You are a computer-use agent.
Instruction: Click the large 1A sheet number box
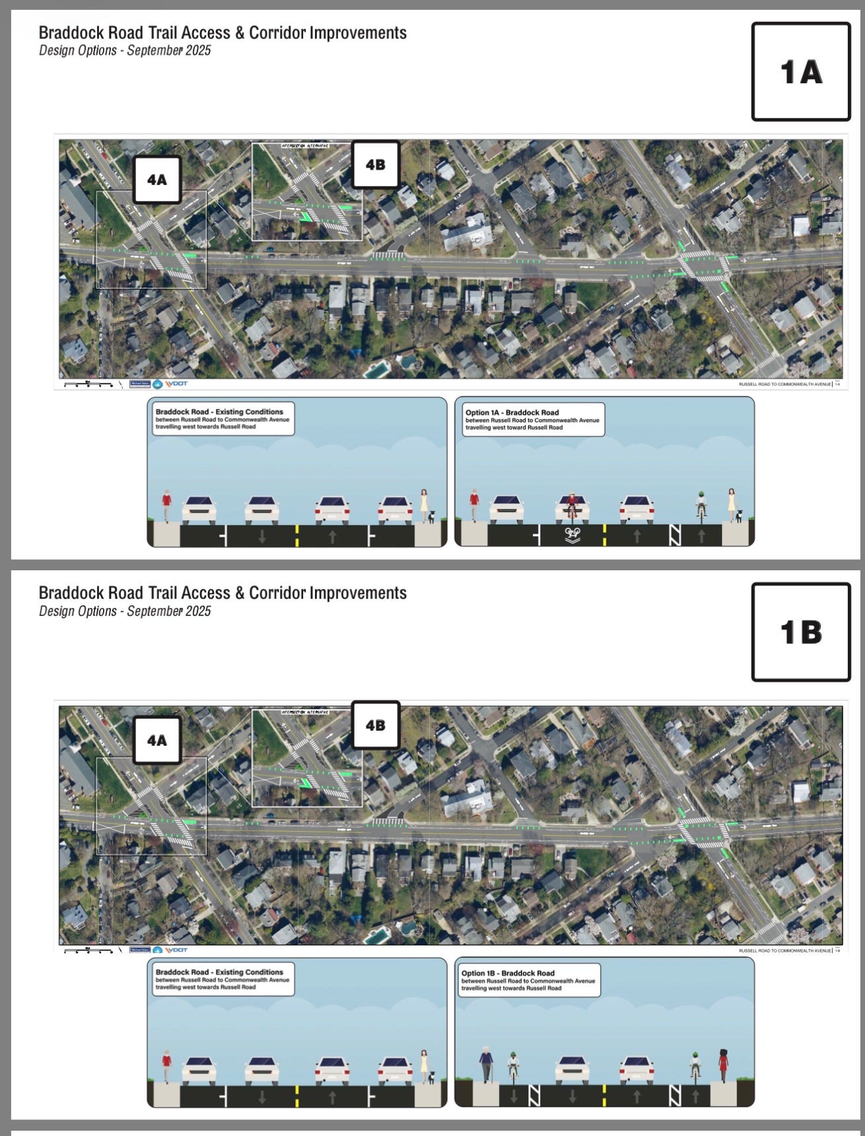point(801,71)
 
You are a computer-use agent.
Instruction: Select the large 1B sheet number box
point(801,632)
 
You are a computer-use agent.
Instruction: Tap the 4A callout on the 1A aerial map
point(157,180)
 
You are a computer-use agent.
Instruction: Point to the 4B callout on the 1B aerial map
point(375,725)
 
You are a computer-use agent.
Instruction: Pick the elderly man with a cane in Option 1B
point(486,1063)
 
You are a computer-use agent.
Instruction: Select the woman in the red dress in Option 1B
point(723,1064)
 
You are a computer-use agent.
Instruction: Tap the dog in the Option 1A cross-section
point(740,516)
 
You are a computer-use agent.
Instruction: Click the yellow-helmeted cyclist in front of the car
point(572,506)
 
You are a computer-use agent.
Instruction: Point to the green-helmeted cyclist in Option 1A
point(701,505)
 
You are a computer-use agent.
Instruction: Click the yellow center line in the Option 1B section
point(604,1096)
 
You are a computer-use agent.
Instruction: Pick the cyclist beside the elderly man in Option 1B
point(514,1066)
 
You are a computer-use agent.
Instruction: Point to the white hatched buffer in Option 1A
point(674,534)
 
